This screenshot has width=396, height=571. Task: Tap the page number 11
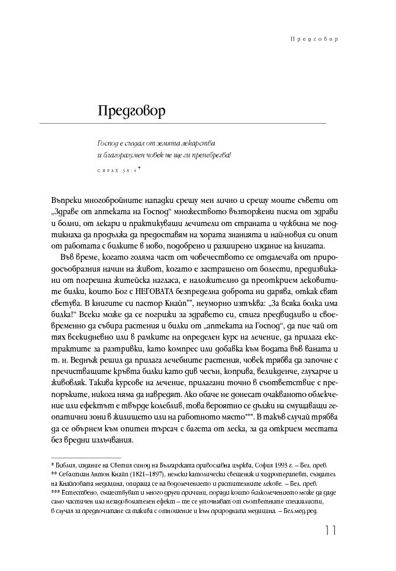click(x=330, y=530)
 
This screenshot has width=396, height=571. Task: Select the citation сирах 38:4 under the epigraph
click(x=118, y=170)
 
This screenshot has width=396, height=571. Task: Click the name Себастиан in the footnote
click(x=75, y=475)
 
